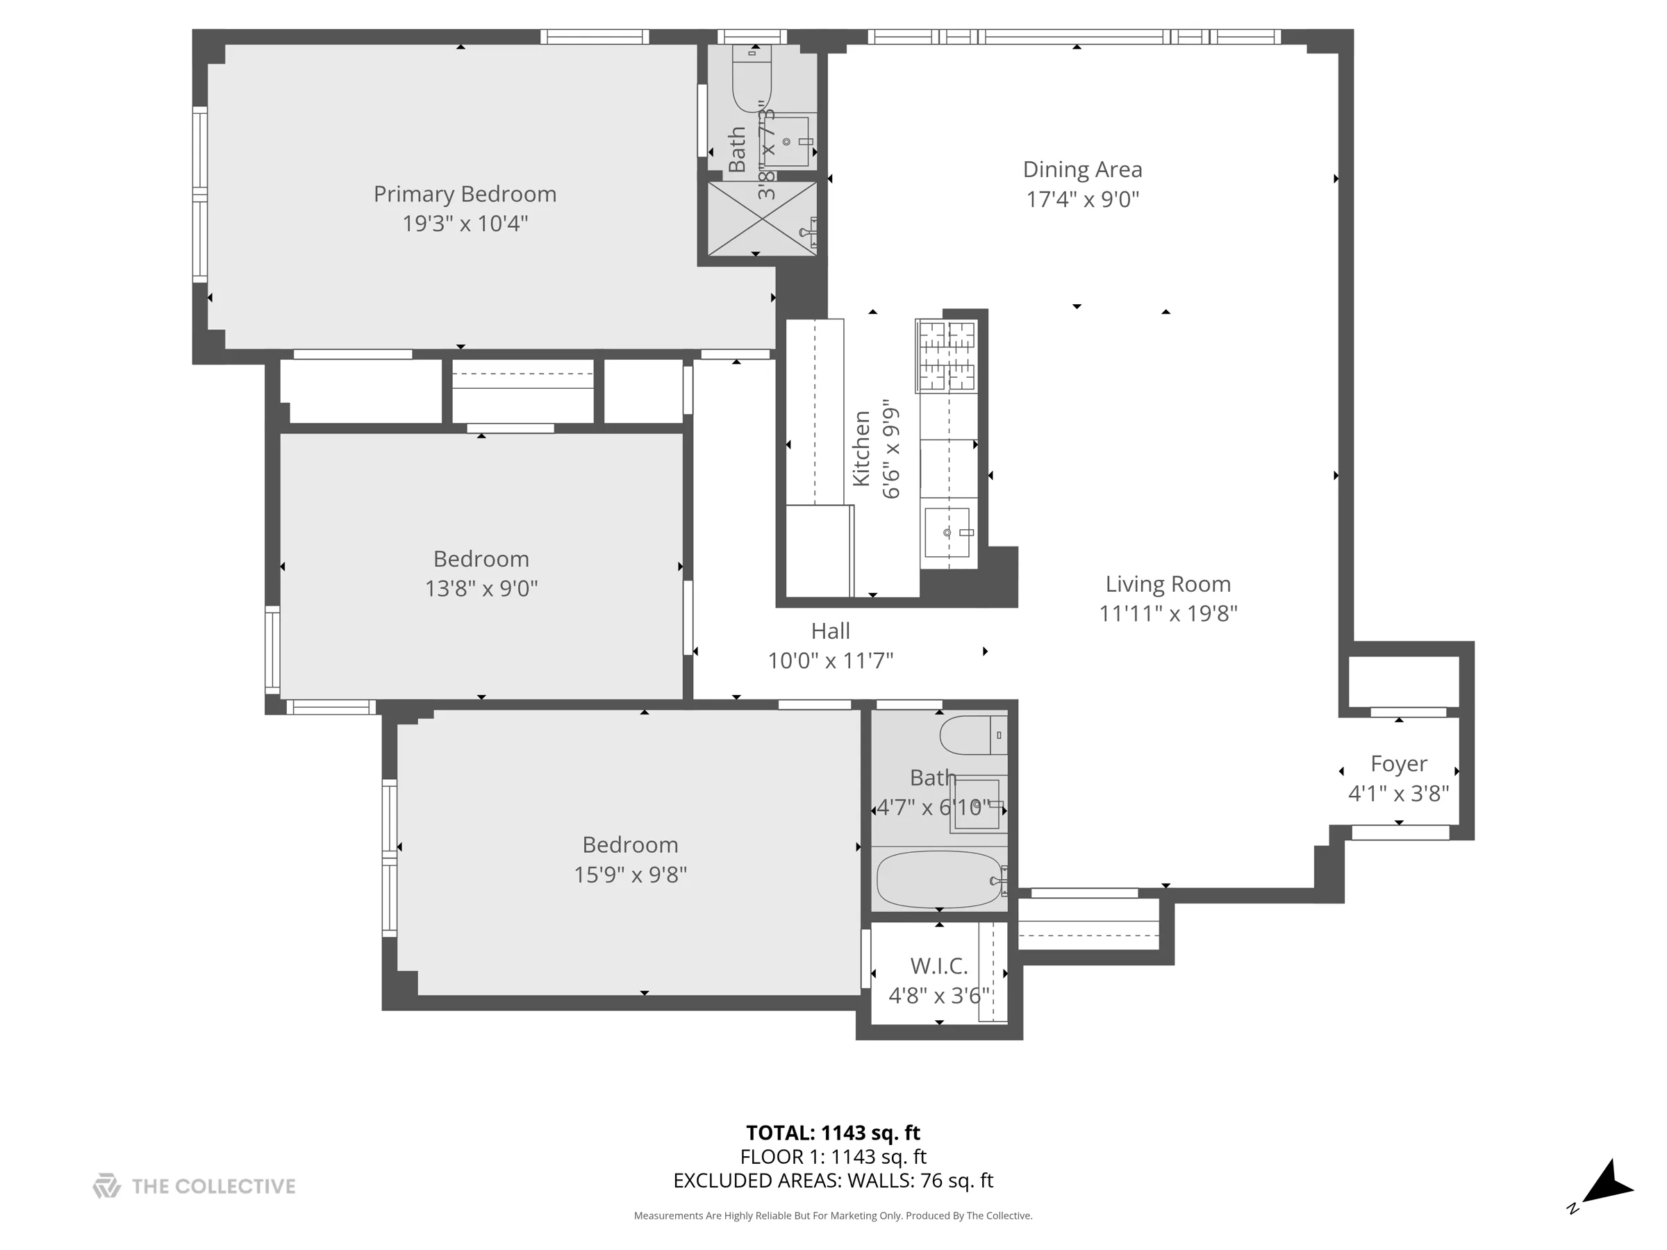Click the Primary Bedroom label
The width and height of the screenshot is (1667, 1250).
465,194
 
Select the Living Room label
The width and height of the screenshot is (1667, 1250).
1168,584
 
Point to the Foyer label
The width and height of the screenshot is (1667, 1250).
1398,764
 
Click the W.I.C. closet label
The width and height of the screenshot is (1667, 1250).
938,966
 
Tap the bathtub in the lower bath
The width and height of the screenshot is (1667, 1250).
938,879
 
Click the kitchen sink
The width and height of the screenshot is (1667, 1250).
947,533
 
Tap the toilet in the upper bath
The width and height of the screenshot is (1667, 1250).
752,83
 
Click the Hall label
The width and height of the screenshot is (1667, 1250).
831,631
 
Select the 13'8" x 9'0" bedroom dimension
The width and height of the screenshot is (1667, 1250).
481,588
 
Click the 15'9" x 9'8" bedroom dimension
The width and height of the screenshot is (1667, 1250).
630,875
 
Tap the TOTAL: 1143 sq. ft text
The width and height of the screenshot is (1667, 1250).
833,1133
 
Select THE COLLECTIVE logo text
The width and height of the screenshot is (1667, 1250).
213,1187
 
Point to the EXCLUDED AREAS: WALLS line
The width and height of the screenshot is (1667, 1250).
833,1181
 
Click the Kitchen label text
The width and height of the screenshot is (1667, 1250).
861,449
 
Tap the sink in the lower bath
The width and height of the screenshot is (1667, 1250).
977,805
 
